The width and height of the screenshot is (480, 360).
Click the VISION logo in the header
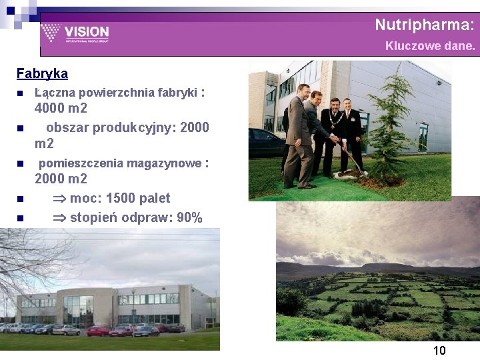pyautogui.click(x=75, y=33)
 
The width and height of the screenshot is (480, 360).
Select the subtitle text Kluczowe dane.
pyautogui.click(x=430, y=47)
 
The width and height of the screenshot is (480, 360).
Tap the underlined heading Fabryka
pyautogui.click(x=42, y=73)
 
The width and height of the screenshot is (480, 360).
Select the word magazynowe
pyautogui.click(x=165, y=163)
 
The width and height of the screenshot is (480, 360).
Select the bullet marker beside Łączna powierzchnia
pyautogui.click(x=20, y=93)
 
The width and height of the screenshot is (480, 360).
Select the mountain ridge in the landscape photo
pyautogui.click(x=373, y=267)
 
